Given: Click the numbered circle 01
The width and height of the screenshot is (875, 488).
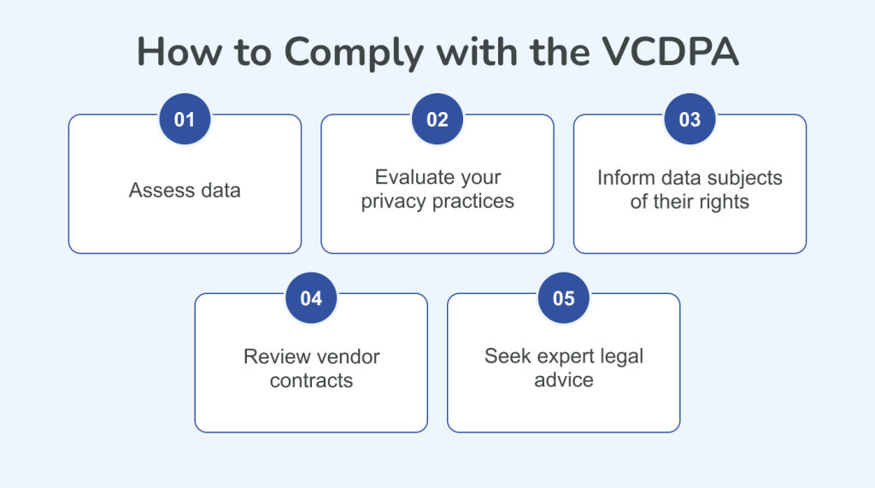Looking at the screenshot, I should click(x=185, y=120).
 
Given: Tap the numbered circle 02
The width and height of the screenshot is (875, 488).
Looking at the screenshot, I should click(x=437, y=120).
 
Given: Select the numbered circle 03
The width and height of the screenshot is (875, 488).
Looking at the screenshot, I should click(x=690, y=120).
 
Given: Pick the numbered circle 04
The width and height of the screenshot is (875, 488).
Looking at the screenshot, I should click(x=311, y=298).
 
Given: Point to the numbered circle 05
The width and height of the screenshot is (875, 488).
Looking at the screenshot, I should click(x=564, y=298).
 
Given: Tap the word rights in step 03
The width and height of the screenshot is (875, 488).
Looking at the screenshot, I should click(x=725, y=203).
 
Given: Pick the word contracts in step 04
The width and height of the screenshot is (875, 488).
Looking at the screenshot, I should click(x=311, y=380).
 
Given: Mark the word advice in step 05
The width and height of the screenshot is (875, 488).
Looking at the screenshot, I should click(x=564, y=379).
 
